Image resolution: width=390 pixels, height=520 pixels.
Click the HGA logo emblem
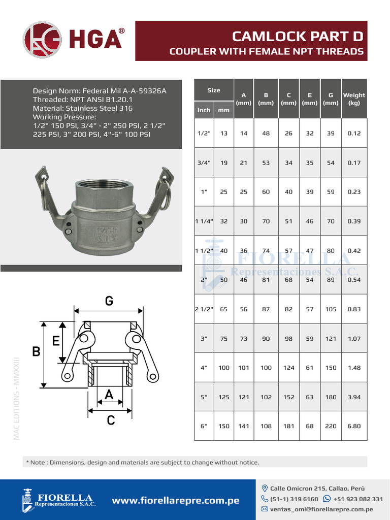(x=42, y=40)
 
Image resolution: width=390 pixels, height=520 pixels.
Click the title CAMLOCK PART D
(x=298, y=36)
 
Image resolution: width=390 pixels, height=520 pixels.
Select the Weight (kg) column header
(x=354, y=99)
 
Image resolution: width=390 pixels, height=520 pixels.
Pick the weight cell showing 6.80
(x=354, y=426)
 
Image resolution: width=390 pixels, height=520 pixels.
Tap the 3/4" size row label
(x=204, y=162)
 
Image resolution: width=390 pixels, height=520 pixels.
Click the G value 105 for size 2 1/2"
(x=331, y=309)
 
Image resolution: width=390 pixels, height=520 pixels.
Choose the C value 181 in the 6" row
(x=288, y=426)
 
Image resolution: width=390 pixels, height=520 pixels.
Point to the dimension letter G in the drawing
(x=109, y=301)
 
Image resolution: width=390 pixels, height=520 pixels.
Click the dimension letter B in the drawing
(x=37, y=351)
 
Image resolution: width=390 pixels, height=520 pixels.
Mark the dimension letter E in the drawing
(x=56, y=340)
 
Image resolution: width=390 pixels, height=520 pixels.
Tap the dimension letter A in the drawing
(x=109, y=395)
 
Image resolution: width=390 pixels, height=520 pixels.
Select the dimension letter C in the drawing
(x=111, y=420)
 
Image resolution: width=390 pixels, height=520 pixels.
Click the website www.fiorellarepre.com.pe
(x=175, y=501)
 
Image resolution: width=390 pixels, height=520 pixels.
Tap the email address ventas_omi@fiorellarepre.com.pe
(x=321, y=509)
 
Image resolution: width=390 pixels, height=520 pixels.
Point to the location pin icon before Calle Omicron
(x=265, y=488)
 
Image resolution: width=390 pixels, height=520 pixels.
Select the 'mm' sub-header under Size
(x=223, y=110)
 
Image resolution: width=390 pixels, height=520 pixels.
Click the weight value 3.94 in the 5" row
(x=354, y=397)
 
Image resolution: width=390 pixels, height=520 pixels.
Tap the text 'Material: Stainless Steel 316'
(x=83, y=108)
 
